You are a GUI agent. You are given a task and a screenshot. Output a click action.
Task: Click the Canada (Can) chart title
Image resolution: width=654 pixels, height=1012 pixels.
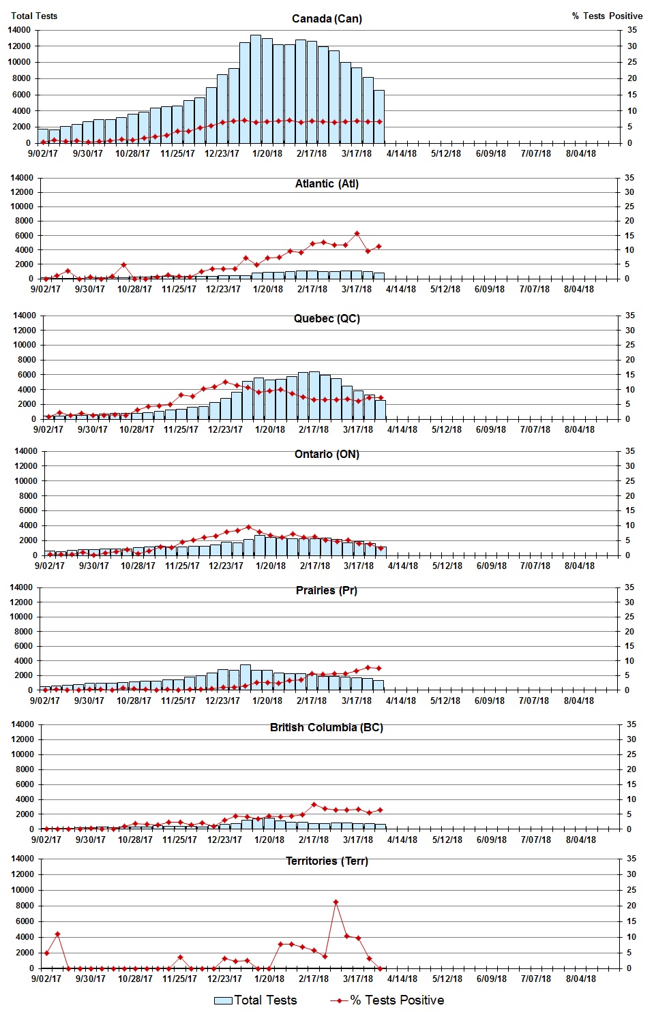(x=327, y=18)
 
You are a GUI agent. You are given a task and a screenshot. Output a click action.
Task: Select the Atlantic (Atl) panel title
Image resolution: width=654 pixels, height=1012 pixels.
(x=327, y=183)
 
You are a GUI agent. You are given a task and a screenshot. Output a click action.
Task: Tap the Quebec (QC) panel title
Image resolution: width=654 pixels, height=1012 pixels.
(x=327, y=319)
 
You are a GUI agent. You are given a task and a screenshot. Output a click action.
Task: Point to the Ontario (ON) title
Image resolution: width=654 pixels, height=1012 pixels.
(x=327, y=455)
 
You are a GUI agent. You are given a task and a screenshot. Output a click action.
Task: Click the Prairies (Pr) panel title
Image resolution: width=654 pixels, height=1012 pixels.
(x=327, y=590)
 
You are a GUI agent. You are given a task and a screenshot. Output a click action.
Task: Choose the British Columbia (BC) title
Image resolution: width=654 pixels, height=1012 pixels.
(x=327, y=727)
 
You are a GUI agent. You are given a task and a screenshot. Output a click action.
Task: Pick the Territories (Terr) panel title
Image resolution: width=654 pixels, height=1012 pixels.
(x=327, y=861)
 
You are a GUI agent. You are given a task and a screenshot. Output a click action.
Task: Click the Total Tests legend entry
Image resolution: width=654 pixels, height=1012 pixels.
(x=256, y=1000)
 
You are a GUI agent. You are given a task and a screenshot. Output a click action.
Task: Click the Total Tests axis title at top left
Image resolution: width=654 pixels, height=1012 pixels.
(x=34, y=16)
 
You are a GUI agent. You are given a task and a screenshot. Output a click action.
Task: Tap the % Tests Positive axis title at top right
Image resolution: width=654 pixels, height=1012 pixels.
(x=607, y=16)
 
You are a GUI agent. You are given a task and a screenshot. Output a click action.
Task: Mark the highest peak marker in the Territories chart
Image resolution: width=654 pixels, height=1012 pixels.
(x=336, y=902)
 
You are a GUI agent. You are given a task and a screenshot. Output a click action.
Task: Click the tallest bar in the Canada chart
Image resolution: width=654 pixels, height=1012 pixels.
(x=256, y=89)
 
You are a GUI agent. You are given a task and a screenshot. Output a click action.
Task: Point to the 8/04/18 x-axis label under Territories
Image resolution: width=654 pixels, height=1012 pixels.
(x=580, y=979)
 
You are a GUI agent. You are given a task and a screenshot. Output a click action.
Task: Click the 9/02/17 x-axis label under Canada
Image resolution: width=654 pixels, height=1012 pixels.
(x=43, y=153)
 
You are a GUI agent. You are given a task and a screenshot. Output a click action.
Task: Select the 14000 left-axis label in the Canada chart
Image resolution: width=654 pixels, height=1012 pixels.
(x=19, y=30)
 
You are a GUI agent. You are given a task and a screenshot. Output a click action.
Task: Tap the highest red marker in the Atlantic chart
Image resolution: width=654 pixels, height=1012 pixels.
(x=357, y=234)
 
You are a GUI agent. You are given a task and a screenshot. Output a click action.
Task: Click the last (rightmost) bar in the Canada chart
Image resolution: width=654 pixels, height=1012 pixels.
(x=379, y=117)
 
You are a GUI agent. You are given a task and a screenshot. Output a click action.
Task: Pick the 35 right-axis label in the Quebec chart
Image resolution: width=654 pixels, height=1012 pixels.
(x=630, y=316)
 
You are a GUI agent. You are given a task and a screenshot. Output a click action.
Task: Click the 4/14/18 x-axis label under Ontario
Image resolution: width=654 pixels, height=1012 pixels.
(x=403, y=566)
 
